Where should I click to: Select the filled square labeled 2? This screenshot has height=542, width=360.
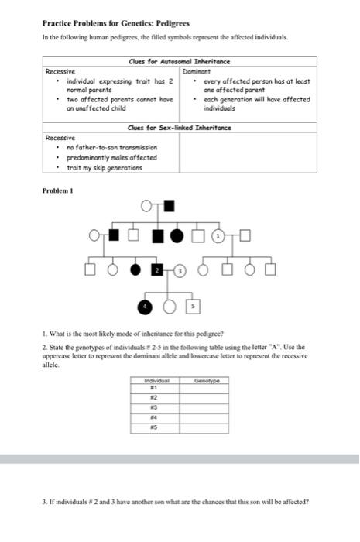pyautogui.click(x=157, y=269)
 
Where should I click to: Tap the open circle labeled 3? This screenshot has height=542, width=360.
pyautogui.click(x=180, y=270)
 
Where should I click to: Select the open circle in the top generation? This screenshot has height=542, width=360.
pyautogui.click(x=147, y=205)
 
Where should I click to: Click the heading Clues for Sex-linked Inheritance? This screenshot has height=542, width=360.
pyautogui.click(x=180, y=127)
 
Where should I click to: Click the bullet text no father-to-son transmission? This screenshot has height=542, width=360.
pyautogui.click(x=112, y=146)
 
